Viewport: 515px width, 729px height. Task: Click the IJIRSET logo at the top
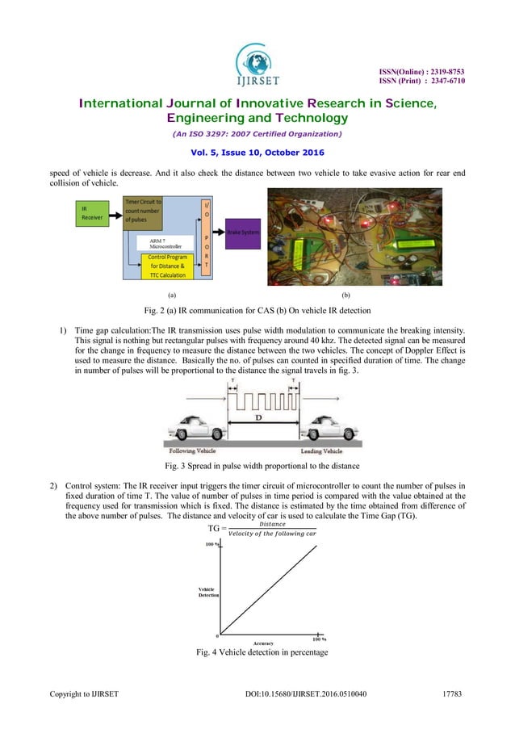coord(258,60)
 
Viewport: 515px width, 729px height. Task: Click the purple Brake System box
coord(243,230)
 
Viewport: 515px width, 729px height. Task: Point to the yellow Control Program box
coord(167,266)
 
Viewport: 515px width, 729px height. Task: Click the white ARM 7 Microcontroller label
coord(165,241)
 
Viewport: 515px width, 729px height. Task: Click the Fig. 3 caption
coord(257,467)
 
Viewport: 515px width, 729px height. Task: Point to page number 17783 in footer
coord(457,692)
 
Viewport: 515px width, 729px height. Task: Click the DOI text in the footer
coord(310,692)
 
